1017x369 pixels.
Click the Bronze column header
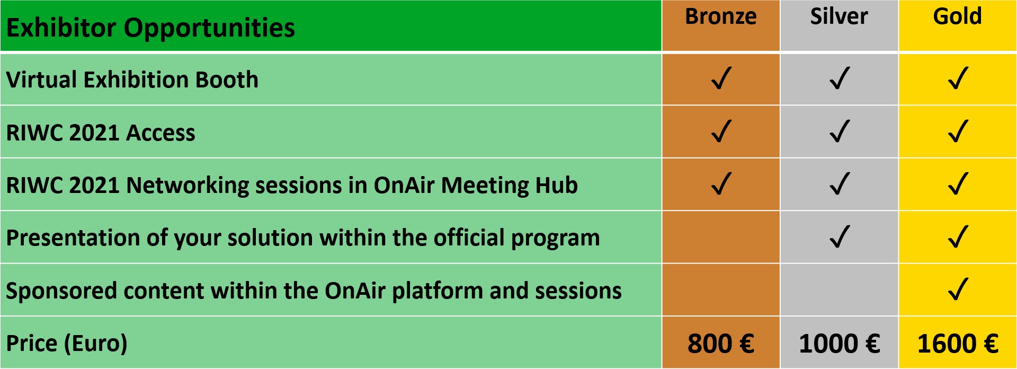tap(720, 16)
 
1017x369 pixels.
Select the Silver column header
tap(839, 16)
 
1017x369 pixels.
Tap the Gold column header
tap(957, 16)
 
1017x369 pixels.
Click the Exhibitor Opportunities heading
tap(150, 28)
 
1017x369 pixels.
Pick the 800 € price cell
tap(720, 343)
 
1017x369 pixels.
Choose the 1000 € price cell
tap(839, 343)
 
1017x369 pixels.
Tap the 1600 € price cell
tap(958, 343)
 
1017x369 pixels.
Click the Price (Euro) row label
tap(67, 344)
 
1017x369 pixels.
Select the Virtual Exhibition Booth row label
tap(132, 80)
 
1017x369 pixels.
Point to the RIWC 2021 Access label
tap(101, 133)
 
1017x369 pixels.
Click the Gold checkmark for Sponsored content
tap(958, 289)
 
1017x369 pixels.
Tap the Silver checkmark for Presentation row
tap(840, 236)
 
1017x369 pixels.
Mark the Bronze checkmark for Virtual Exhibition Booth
tap(721, 78)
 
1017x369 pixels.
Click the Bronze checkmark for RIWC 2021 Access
tap(721, 131)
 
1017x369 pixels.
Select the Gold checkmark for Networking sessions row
tap(958, 183)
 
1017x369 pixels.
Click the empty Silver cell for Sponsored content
tap(839, 289)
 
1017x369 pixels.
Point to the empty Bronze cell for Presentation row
tap(720, 237)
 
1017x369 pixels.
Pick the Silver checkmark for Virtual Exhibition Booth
tap(840, 78)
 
